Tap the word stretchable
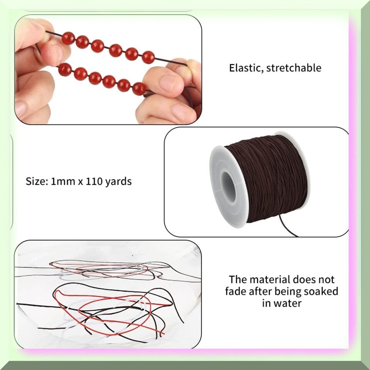[x=294, y=68]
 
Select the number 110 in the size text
[x=94, y=182]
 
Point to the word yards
[x=118, y=182]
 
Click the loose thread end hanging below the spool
[x=287, y=225]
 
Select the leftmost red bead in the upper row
[x=69, y=38]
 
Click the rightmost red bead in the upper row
[x=148, y=57]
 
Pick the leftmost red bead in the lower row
[x=65, y=69]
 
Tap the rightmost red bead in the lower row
[x=139, y=89]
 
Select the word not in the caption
[x=326, y=280]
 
